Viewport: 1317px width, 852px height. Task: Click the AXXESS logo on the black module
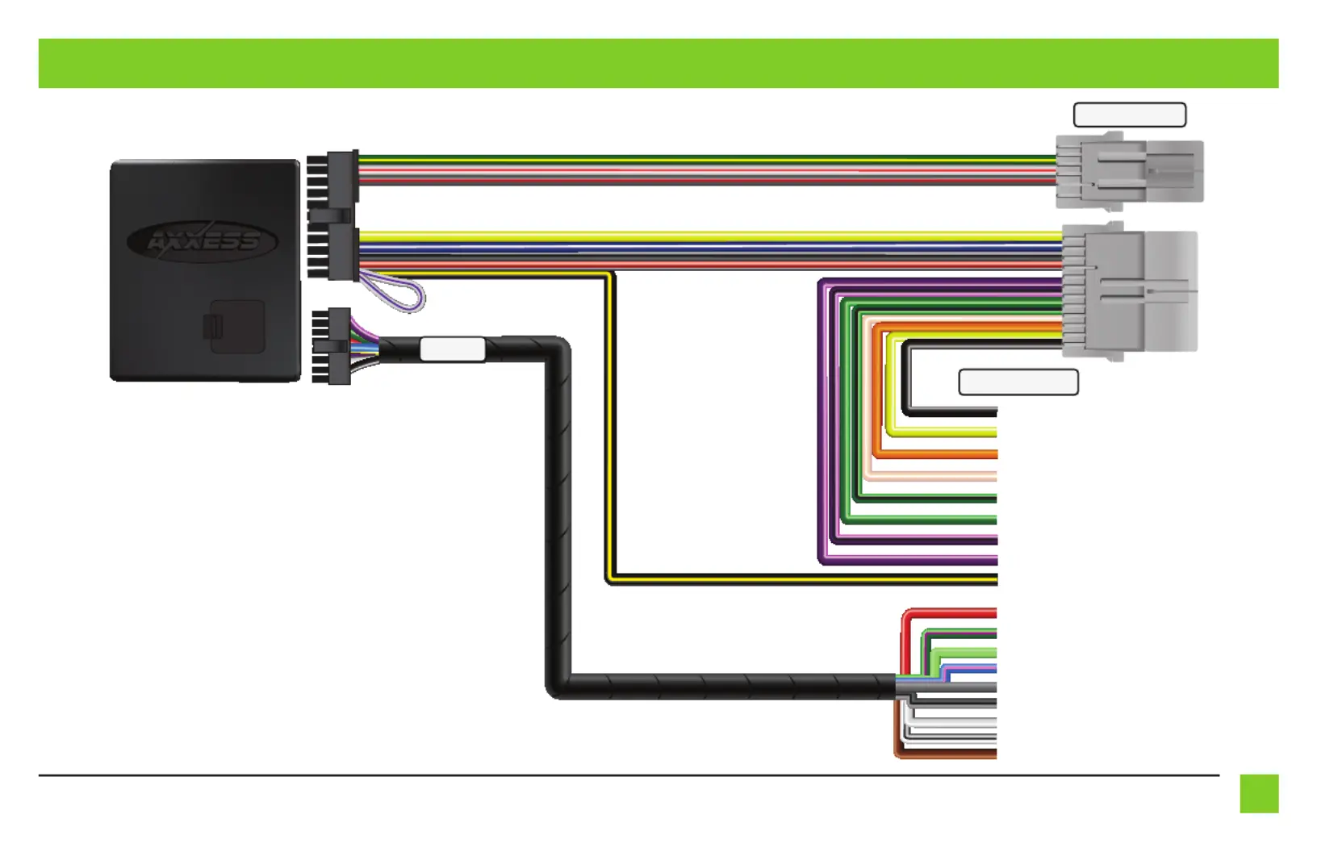tap(203, 241)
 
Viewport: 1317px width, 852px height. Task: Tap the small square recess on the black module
tap(237, 327)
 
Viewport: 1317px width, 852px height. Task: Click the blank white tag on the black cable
tap(453, 349)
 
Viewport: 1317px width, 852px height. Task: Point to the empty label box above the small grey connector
tap(1130, 115)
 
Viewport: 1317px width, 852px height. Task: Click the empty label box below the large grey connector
tap(1018, 382)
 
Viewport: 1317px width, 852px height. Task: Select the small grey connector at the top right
tap(1129, 171)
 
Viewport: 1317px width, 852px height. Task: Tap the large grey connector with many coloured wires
tap(1129, 291)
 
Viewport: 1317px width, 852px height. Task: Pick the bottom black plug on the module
tap(331, 346)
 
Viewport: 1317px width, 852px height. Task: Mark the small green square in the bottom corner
tap(1260, 794)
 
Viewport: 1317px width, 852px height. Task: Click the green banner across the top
tap(658, 64)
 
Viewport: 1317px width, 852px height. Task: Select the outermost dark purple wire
tap(822, 424)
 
